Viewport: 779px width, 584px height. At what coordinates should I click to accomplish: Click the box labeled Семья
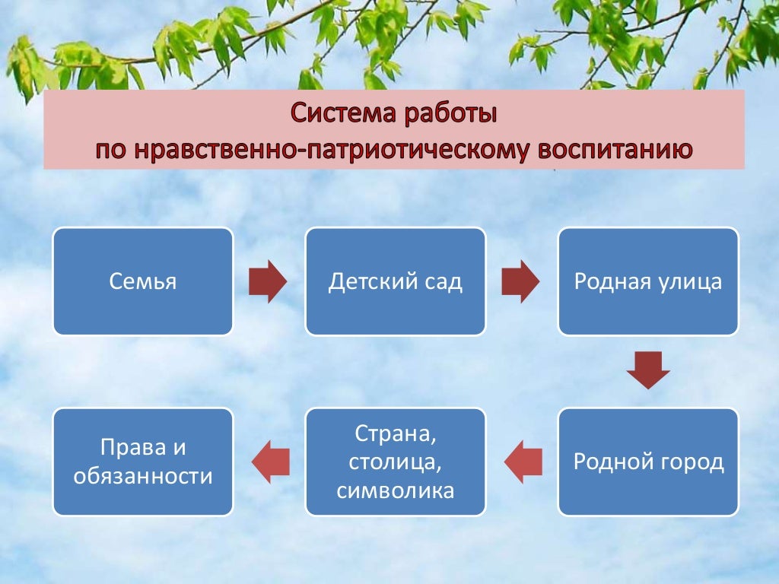(142, 281)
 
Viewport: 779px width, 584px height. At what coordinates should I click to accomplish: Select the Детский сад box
(395, 281)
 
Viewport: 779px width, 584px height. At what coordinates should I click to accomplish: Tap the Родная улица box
(648, 281)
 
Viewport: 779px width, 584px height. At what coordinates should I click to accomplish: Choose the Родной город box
(648, 462)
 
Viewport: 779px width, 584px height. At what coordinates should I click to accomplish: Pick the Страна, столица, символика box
(395, 462)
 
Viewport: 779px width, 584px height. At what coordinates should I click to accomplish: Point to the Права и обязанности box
(142, 462)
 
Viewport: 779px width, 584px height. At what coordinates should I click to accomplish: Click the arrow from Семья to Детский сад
(268, 281)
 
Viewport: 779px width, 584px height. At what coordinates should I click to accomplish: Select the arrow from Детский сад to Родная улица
(520, 281)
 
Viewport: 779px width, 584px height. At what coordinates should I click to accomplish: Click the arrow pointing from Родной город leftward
(523, 462)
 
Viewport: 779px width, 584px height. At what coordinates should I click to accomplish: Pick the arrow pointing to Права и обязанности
(270, 462)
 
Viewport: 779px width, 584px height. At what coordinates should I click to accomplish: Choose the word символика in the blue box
(395, 490)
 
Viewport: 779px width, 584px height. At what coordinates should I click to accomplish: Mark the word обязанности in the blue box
(142, 477)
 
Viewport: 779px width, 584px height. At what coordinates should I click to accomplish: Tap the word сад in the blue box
(444, 282)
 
